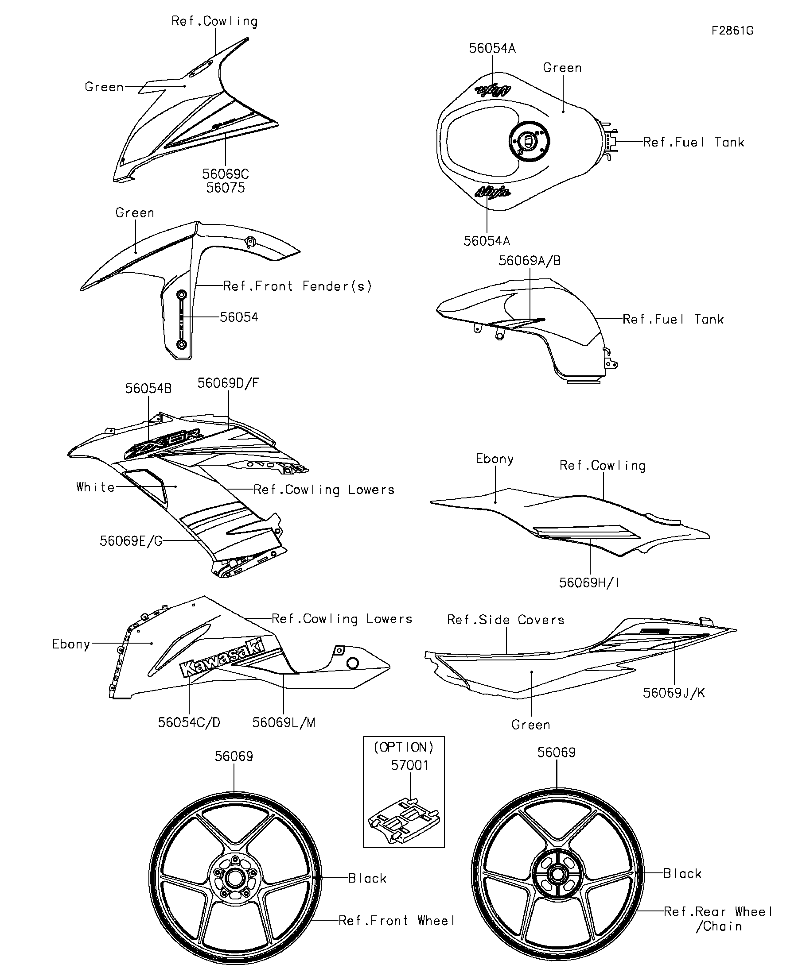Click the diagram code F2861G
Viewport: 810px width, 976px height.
click(732, 31)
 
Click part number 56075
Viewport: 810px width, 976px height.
click(226, 188)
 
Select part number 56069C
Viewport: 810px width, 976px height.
click(226, 174)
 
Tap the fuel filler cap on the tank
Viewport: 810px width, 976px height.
click(530, 141)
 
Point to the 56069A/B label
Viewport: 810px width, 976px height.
click(530, 261)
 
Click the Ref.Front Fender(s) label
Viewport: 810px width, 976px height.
click(298, 286)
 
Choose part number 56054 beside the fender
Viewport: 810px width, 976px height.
click(239, 317)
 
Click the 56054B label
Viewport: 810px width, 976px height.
click(148, 389)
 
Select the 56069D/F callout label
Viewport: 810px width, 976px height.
click(228, 383)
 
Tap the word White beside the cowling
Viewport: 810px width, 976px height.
click(95, 486)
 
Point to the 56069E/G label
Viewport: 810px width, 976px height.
click(131, 541)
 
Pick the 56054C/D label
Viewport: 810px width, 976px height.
click(189, 723)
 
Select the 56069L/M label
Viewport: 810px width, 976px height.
click(284, 723)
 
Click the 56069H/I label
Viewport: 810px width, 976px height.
click(589, 583)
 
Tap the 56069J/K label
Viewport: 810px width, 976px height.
click(674, 693)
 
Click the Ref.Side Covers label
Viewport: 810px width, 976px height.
click(506, 620)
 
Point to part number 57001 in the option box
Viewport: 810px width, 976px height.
click(409, 765)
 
